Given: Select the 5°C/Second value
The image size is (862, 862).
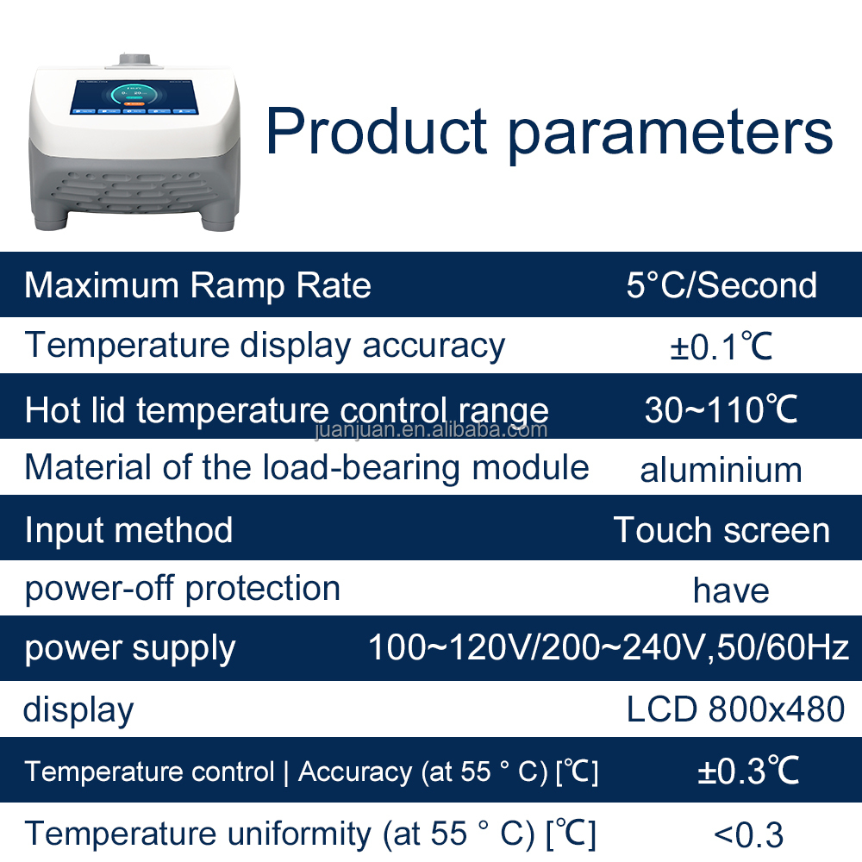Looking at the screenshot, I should click(x=721, y=285).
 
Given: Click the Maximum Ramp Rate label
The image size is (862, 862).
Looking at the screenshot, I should click(x=197, y=285).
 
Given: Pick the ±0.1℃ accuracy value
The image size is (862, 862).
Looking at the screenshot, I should click(x=721, y=347).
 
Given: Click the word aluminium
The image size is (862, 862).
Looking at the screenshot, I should click(x=721, y=470).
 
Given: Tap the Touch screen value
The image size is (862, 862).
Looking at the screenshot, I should click(x=721, y=530).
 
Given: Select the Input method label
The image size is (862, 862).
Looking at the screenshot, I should click(x=128, y=530).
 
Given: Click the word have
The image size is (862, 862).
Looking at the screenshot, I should click(x=731, y=590).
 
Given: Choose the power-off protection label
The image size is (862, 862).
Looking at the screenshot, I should click(x=182, y=589).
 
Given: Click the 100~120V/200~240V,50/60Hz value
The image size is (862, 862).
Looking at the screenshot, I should click(x=609, y=646).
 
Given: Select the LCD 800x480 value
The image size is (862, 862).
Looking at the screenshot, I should click(x=735, y=709).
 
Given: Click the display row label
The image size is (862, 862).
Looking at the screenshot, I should click(x=78, y=710).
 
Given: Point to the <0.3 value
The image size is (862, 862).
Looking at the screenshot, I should click(x=748, y=834).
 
